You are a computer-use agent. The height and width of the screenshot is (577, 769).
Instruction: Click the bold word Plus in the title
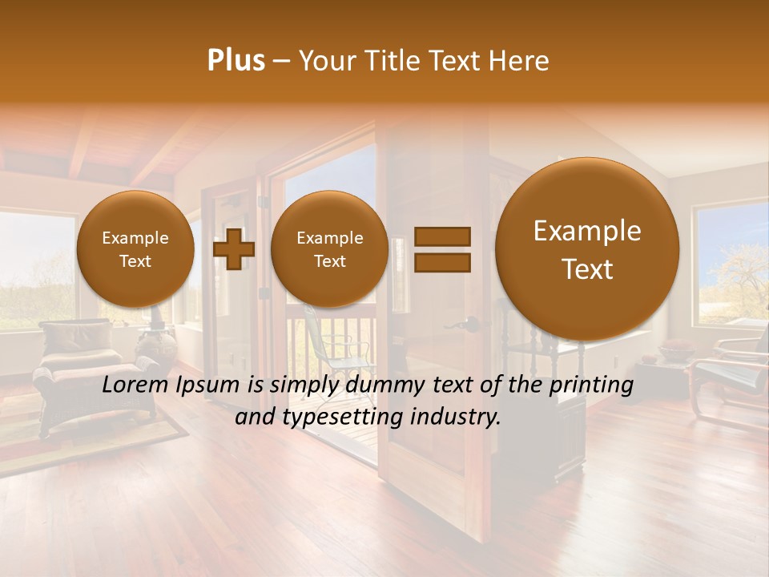236,61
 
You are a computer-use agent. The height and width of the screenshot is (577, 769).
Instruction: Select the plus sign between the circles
233,249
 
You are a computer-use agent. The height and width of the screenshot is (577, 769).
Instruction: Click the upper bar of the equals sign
441,236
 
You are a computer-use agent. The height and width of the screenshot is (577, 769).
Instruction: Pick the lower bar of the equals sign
441,262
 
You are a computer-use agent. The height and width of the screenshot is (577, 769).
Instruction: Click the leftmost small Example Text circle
135,249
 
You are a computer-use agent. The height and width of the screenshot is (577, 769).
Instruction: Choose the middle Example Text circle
329,249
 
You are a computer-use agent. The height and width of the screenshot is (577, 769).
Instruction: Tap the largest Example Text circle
587,249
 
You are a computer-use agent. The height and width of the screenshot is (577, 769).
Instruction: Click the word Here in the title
521,61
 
